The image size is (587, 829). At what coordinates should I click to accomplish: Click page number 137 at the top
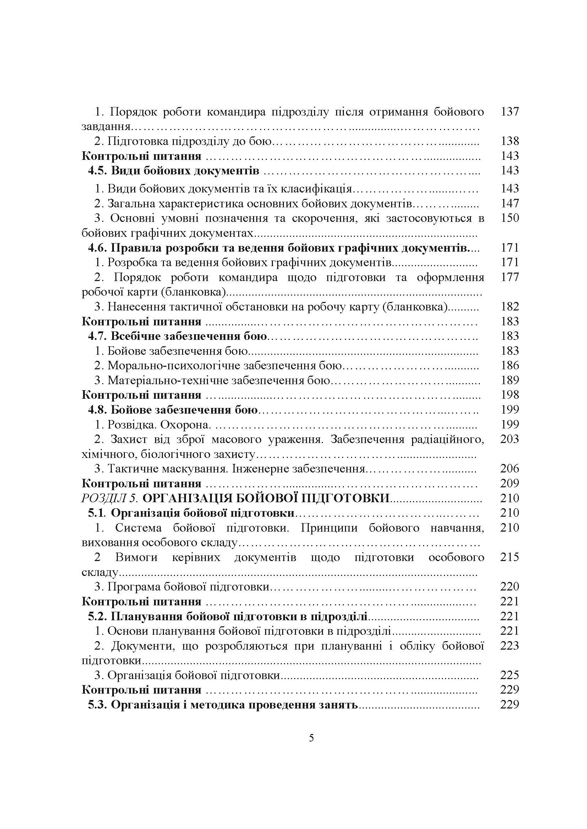510,112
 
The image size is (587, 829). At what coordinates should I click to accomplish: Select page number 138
510,141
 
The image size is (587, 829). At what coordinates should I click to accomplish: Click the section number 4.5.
98,170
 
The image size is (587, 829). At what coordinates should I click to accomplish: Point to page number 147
510,204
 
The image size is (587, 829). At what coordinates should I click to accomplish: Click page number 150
510,218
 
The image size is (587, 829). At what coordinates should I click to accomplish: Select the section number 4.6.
98,248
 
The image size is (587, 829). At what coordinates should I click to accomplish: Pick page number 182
510,307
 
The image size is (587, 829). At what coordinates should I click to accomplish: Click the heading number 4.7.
98,336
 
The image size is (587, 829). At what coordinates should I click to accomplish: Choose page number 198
510,395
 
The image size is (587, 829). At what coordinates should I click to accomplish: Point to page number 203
510,439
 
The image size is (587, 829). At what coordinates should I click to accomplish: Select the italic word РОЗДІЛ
105,498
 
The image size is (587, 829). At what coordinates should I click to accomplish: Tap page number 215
510,557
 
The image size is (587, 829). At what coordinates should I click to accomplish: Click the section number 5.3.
98,705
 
